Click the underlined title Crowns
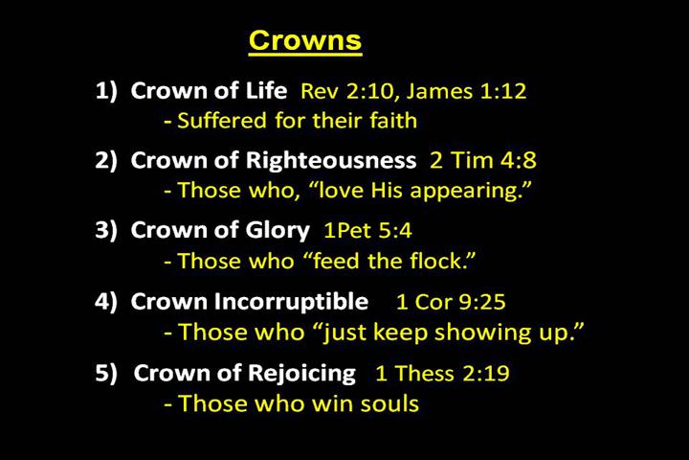pos(305,41)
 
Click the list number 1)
pos(107,91)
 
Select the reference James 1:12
pos(466,92)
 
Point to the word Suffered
pos(222,120)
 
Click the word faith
pos(393,120)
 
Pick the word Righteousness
pos(331,160)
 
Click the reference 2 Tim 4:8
pos(483,160)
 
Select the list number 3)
pos(107,230)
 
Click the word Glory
pos(278,231)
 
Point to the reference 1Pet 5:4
pos(367,230)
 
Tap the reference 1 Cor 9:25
pos(451,302)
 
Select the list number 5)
pos(107,373)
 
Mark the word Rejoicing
pos(301,374)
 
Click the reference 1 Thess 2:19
pos(442,374)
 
